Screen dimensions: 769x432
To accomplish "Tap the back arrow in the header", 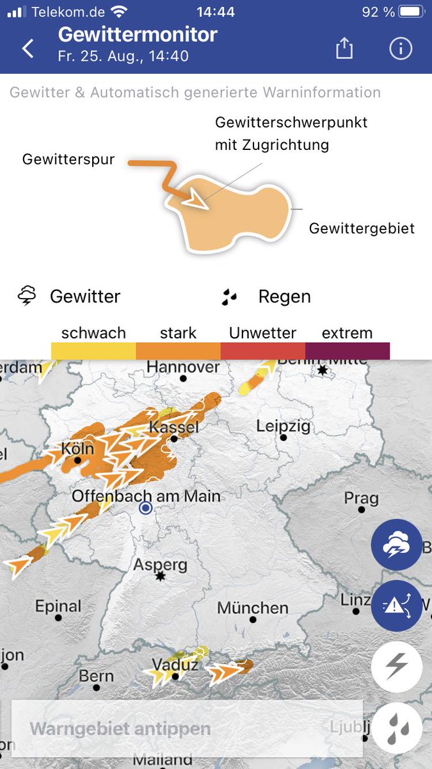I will pos(28,49).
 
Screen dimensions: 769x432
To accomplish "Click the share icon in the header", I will pos(344,49).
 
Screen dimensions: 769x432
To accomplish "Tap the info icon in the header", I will pos(401,49).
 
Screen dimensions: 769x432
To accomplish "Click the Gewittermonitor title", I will pos(138,34).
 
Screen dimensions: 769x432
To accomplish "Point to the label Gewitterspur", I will pos(68,159).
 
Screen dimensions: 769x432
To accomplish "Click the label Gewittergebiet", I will pos(362,228).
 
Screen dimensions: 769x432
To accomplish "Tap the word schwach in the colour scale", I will pos(93,333).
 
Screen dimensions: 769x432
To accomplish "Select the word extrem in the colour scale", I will pos(347,333).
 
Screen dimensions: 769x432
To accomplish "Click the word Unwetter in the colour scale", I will pos(262,333).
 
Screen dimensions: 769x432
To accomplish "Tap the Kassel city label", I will pos(173,427).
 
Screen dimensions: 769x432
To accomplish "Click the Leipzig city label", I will pos(283,426).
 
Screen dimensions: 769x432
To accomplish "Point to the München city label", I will pos(253,608).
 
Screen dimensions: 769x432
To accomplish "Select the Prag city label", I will pos(361,498).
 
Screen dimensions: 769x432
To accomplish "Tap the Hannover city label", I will pos(183,367).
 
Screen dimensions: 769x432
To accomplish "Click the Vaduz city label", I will pos(175,665).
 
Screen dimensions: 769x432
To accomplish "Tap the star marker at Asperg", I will pos(160,577).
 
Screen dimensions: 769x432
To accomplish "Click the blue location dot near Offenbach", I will pos(146,508).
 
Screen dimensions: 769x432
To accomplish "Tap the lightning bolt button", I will pos(397,667).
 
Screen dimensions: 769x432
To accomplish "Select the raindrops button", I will pos(397,728).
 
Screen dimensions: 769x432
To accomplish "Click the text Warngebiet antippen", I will pos(120,729).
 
